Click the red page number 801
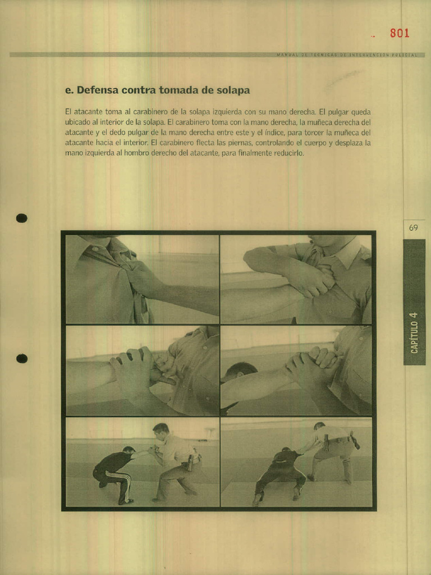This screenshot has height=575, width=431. [x=400, y=33]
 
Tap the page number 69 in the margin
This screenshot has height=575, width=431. [x=414, y=228]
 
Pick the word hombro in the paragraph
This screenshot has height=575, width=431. [x=135, y=153]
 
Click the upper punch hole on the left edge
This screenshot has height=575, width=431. [x=22, y=218]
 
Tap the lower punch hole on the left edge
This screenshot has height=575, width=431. [x=22, y=358]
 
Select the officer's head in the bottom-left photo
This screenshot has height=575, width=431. [x=161, y=431]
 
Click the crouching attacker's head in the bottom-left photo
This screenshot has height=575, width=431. [x=129, y=450]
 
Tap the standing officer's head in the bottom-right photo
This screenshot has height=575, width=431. [x=319, y=426]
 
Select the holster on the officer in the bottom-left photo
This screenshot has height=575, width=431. [x=190, y=462]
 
